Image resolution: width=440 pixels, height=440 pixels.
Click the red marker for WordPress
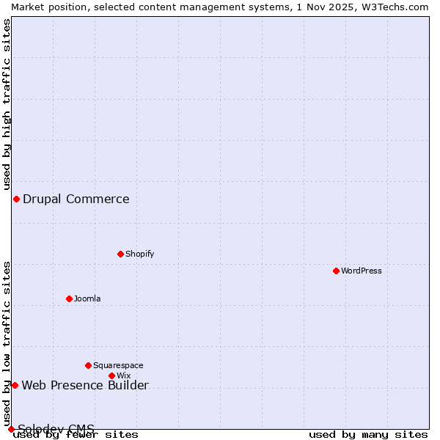(x=337, y=271)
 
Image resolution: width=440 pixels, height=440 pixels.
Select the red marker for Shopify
(x=121, y=254)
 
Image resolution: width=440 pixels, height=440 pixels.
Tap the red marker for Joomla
(x=70, y=298)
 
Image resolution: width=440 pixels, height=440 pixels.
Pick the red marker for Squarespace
(x=89, y=365)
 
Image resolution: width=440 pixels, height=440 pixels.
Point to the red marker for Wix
(x=112, y=375)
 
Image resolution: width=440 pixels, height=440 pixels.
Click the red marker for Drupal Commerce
(x=16, y=199)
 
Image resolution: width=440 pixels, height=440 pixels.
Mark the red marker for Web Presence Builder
(x=15, y=385)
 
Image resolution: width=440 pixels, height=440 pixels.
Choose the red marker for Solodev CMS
(x=11, y=429)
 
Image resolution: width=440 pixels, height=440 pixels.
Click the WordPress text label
(x=362, y=271)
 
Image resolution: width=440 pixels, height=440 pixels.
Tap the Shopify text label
(x=140, y=254)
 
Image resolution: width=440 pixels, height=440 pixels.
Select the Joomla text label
(x=87, y=298)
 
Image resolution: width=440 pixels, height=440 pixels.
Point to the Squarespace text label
(x=118, y=365)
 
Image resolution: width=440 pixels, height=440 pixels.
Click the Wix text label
(x=124, y=375)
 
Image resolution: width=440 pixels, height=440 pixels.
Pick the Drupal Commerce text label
(x=76, y=199)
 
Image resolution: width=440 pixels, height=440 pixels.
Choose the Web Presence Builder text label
(x=85, y=386)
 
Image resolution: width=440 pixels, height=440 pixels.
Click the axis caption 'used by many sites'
(x=368, y=434)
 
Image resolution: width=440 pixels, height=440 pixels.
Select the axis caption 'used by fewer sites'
(x=76, y=434)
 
